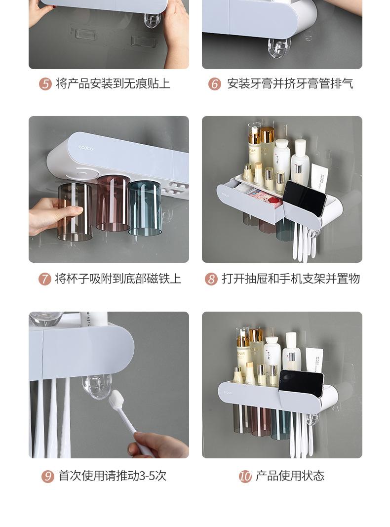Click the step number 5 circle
tap(45, 84)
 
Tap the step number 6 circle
tap(215, 84)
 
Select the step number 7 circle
tap(45, 279)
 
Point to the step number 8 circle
tap(211, 279)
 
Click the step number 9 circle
tap(47, 476)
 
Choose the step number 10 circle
tap(245, 476)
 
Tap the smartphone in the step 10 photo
tap(301, 383)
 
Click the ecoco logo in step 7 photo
tap(85, 147)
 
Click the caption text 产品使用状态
tap(290, 476)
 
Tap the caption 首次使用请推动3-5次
tap(112, 476)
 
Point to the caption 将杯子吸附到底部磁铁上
tap(118, 279)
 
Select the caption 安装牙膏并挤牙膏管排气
tap(290, 84)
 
